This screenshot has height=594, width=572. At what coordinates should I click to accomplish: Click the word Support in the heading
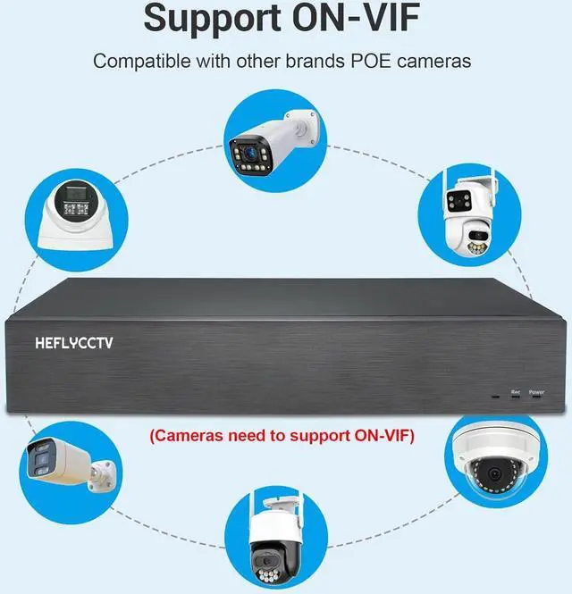tap(212, 19)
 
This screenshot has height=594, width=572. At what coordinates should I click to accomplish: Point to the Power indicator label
tap(536, 391)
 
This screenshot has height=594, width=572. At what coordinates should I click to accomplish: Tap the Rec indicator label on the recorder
tap(515, 391)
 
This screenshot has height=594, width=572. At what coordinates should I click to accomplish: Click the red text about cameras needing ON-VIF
tap(283, 437)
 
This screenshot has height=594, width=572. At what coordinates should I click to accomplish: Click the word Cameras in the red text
tap(190, 437)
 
